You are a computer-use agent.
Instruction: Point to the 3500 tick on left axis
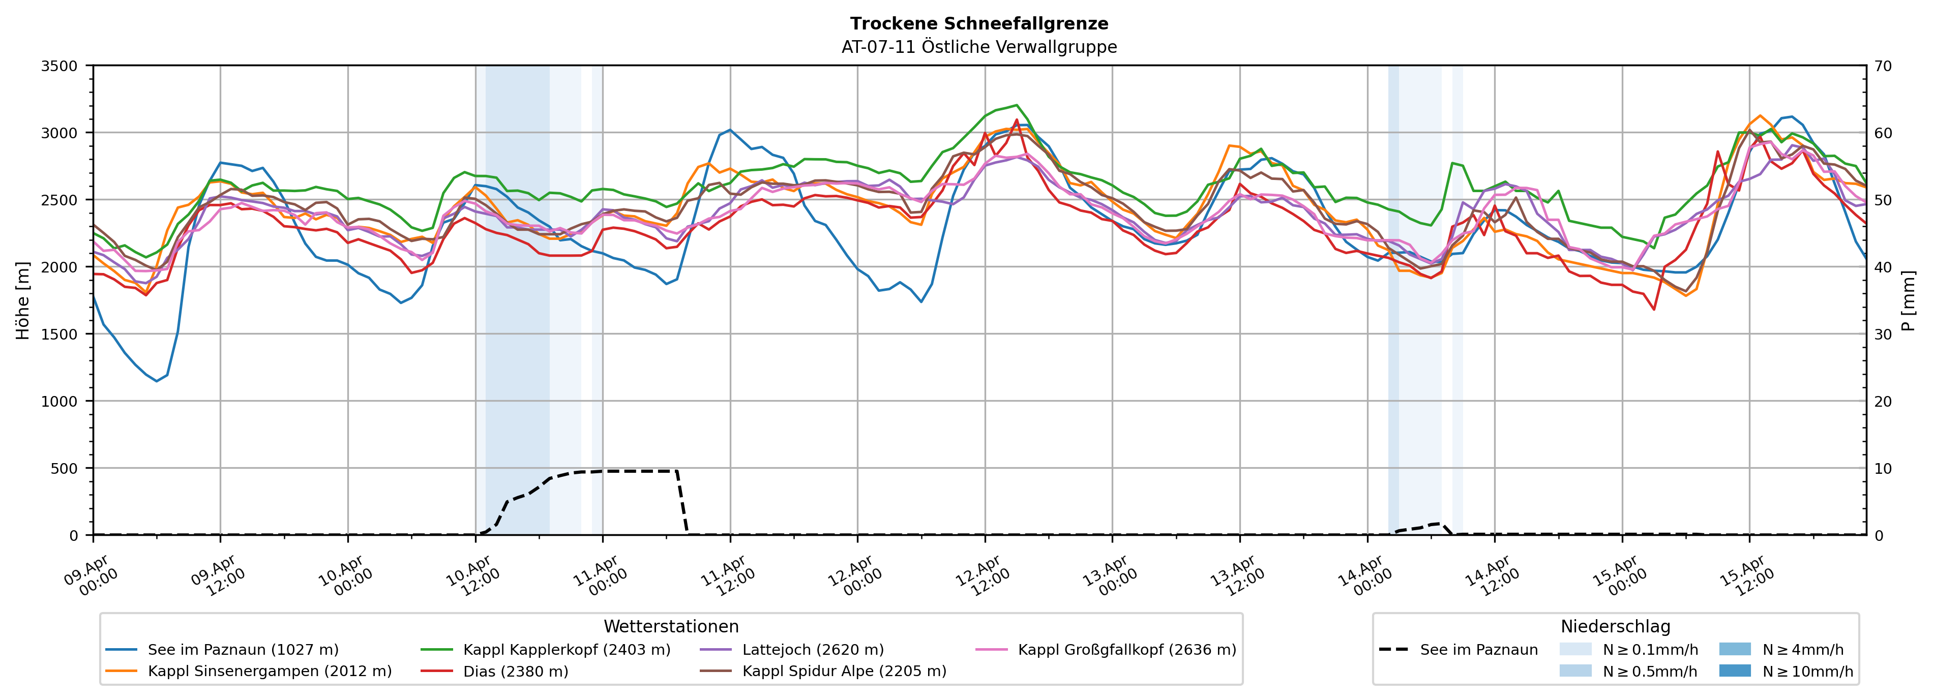click(x=60, y=66)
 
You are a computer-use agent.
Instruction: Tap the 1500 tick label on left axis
click(x=60, y=334)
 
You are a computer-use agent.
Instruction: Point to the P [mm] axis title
click(x=1908, y=300)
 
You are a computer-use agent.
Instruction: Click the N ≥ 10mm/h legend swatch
click(x=1735, y=671)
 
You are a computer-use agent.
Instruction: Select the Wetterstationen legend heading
click(x=671, y=626)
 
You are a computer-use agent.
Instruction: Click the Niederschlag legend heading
click(x=1615, y=626)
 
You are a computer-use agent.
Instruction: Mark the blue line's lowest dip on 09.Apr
click(x=157, y=381)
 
